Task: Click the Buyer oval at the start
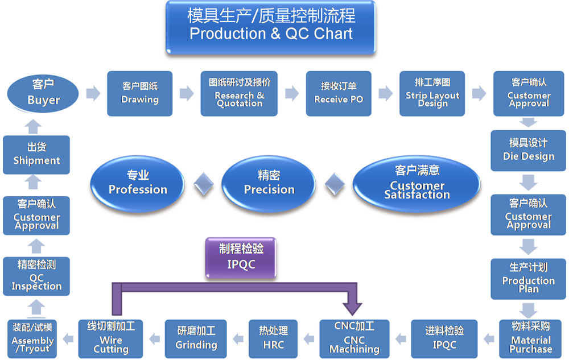[x=43, y=93]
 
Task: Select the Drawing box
[x=140, y=93]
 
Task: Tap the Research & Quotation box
[x=239, y=93]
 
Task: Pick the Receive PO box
[x=339, y=93]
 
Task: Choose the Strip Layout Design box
[x=432, y=93]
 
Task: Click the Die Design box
[x=528, y=150]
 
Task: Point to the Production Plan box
[x=528, y=278]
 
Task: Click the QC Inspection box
[x=36, y=276]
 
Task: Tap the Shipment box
[x=36, y=154]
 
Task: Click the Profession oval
[x=138, y=183]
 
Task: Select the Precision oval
[x=269, y=183]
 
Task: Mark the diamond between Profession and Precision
[x=204, y=183]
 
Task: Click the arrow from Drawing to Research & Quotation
[x=186, y=93]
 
